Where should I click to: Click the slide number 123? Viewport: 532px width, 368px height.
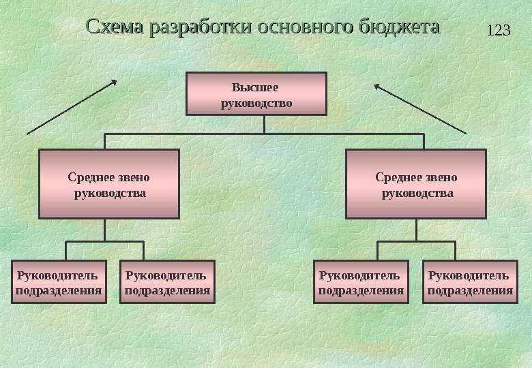pyautogui.click(x=499, y=31)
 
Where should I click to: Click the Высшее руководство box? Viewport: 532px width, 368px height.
pyautogui.click(x=256, y=95)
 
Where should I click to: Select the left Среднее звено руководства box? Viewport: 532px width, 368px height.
pyautogui.click(x=109, y=184)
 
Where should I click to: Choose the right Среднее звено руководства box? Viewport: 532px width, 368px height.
pyautogui.click(x=416, y=184)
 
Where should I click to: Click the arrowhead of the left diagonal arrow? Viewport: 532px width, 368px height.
pyautogui.click(x=114, y=82)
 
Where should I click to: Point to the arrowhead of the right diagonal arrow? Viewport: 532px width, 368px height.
pyautogui.click(x=377, y=85)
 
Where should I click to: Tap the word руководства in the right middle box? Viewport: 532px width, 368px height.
pyautogui.click(x=417, y=193)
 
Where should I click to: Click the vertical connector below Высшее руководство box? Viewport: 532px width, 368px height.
pyautogui.click(x=264, y=124)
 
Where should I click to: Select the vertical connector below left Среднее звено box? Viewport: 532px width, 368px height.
pyautogui.click(x=104, y=230)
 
